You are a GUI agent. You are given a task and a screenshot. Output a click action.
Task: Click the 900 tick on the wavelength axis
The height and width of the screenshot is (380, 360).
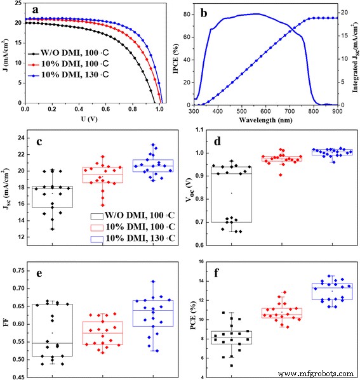[x=336, y=110]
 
